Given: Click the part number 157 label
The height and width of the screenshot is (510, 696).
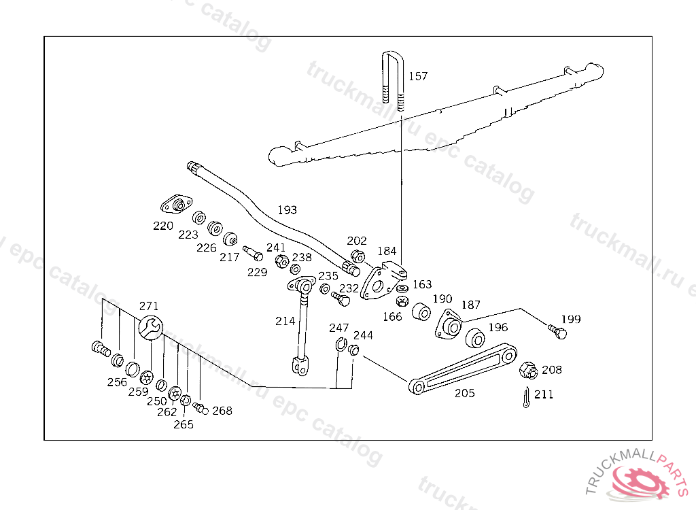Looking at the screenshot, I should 418,76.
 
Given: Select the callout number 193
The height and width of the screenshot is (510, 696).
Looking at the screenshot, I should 287,210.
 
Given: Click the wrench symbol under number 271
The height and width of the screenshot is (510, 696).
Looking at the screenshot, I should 150,328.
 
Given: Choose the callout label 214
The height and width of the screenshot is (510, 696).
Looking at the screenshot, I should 285,321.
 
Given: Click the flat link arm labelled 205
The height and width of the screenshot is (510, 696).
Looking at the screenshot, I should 463,370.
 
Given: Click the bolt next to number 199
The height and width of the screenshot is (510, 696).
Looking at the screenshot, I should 557,332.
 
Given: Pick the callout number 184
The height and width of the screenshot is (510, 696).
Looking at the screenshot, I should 387,251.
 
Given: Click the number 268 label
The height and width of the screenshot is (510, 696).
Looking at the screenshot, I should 222,411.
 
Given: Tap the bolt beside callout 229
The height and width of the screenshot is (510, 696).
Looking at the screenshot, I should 253,254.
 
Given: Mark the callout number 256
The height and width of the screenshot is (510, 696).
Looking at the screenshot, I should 117,382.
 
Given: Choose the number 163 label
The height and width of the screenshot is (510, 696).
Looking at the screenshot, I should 422,284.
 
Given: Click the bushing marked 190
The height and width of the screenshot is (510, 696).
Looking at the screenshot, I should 422,312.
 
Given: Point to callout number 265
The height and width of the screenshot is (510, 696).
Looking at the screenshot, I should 184,424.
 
